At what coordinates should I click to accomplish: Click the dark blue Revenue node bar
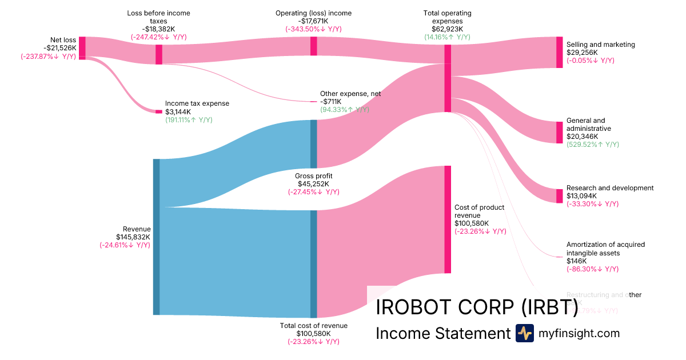pyautogui.click(x=156, y=237)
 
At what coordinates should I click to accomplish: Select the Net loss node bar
pyautogui.click(x=82, y=47)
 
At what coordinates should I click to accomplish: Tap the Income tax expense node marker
pyautogui.click(x=159, y=111)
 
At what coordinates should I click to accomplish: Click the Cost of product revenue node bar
pyautogui.click(x=448, y=219)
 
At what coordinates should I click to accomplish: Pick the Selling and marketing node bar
pyautogui.click(x=559, y=52)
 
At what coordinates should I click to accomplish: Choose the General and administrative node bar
pyautogui.click(x=559, y=132)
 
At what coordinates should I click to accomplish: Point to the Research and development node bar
pyautogui.click(x=559, y=196)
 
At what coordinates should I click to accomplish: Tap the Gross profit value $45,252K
pyautogui.click(x=313, y=184)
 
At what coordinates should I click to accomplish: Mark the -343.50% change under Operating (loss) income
pyautogui.click(x=313, y=29)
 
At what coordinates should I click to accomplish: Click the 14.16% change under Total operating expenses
pyautogui.click(x=447, y=37)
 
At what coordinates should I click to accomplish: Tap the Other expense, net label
pyautogui.click(x=350, y=94)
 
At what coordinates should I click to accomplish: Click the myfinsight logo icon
pyautogui.click(x=524, y=333)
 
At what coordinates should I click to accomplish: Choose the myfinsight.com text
pyautogui.click(x=579, y=333)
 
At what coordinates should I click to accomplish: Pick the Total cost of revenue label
pyautogui.click(x=313, y=326)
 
